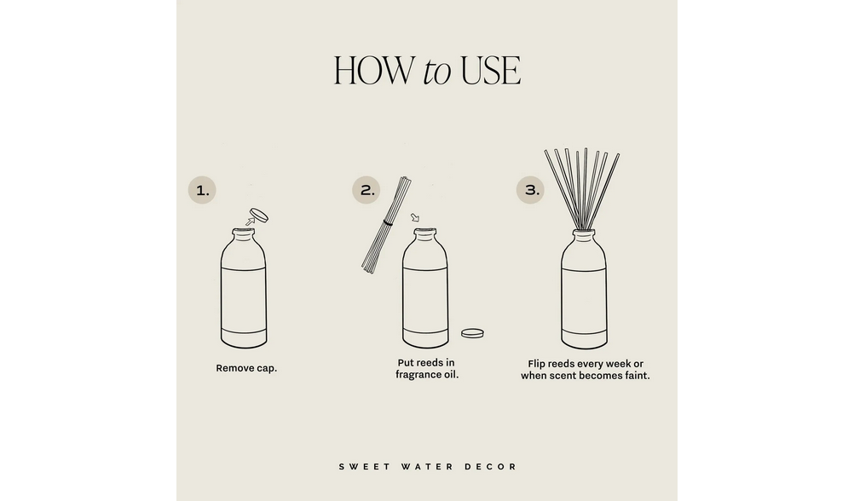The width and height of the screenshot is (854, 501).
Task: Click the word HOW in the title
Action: click(373, 71)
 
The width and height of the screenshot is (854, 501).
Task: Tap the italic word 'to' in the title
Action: click(436, 72)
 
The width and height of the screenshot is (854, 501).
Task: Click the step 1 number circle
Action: click(202, 191)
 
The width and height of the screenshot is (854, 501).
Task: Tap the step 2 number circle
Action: click(366, 191)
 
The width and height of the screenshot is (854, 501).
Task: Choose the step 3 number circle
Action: click(532, 191)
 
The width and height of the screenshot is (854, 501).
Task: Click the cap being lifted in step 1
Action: click(259, 214)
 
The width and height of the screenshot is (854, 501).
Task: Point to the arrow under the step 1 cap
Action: click(249, 222)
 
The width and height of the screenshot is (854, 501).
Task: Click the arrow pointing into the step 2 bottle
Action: click(415, 218)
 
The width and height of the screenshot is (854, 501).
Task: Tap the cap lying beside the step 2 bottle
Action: click(471, 333)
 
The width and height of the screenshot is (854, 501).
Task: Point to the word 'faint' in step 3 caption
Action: click(635, 375)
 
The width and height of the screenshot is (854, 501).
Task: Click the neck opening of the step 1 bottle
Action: click(244, 231)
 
